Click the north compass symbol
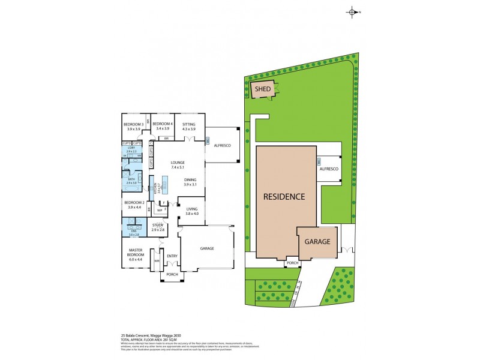pos(352,12)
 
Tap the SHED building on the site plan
pos(263,89)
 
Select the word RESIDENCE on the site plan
pos(284,196)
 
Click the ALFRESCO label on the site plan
pos(329,169)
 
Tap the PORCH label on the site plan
pos(292,263)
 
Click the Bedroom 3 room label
pos(133,126)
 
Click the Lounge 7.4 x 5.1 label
pos(177,164)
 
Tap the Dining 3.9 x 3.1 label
pos(191,181)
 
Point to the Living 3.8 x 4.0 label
pos(191,211)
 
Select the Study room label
pos(158,227)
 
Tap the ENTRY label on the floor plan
pos(172,256)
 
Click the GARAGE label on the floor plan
pos(206,248)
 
